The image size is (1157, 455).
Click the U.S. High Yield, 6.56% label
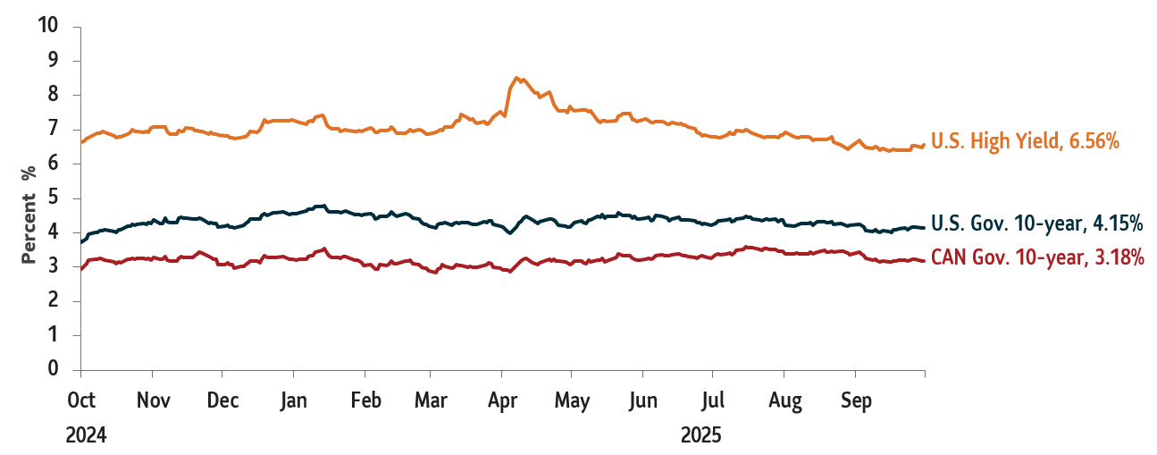click(x=1025, y=140)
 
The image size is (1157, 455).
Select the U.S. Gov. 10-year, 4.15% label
click(x=1036, y=223)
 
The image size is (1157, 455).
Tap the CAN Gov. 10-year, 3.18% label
click(x=1037, y=257)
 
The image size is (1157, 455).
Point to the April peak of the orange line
click(x=516, y=78)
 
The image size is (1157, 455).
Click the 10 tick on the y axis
click(x=48, y=26)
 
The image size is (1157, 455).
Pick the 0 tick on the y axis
click(x=53, y=369)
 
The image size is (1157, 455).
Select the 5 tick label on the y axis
click(x=53, y=198)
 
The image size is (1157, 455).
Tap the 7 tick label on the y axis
click(x=53, y=130)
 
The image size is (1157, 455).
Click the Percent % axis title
click(x=29, y=214)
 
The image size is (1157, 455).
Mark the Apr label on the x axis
click(x=502, y=400)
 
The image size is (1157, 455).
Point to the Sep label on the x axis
click(x=856, y=400)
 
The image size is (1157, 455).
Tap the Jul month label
click(x=712, y=400)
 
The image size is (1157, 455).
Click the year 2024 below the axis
click(x=87, y=435)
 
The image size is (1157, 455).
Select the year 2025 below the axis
click(x=700, y=435)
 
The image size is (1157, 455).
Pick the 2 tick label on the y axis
click(x=53, y=301)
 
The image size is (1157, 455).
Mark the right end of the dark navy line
click(x=924, y=228)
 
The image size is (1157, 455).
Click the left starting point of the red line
click(x=81, y=268)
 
